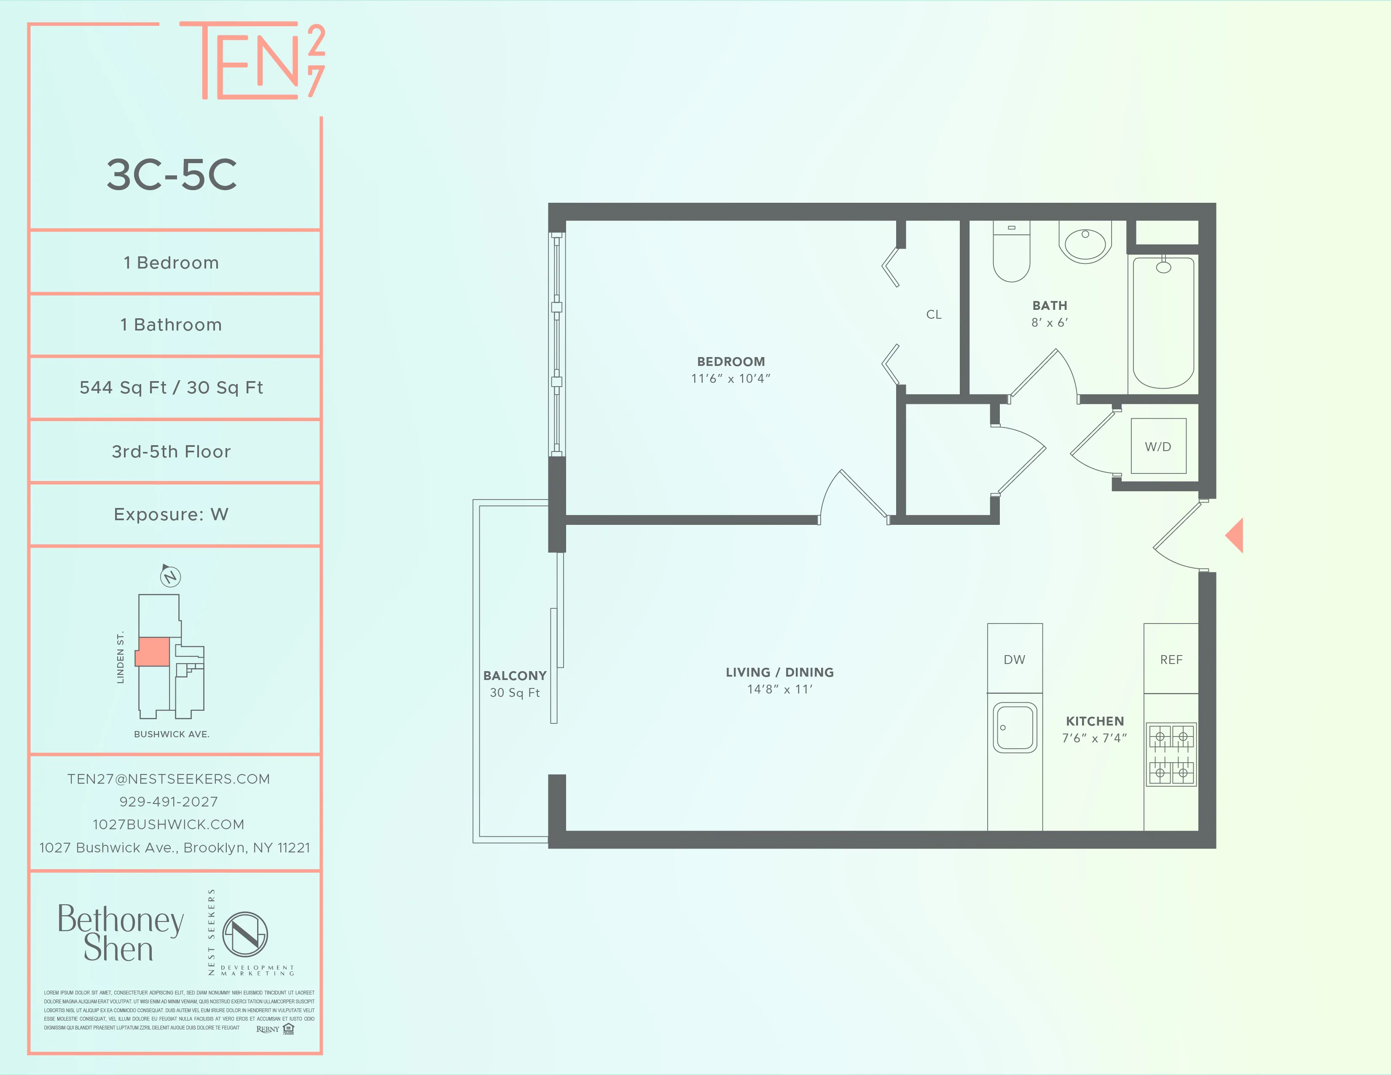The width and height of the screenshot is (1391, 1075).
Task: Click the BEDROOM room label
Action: point(730,362)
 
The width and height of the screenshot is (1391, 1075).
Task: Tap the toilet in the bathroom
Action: point(1011,255)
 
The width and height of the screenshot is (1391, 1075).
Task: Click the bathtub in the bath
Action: point(1163,323)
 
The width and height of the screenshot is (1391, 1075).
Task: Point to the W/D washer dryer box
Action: point(1158,446)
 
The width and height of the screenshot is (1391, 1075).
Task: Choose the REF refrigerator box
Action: point(1171,659)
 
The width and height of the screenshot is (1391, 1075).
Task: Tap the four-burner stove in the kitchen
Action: point(1171,755)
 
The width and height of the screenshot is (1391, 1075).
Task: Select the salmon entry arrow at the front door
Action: point(1235,535)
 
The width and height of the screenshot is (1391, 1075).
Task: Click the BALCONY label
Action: point(515,676)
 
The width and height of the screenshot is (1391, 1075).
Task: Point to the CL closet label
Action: point(934,314)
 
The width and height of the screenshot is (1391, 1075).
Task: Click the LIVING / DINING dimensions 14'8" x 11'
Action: point(779,689)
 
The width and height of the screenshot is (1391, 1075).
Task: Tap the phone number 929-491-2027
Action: point(169,802)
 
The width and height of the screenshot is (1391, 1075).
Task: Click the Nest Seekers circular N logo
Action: point(244,934)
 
